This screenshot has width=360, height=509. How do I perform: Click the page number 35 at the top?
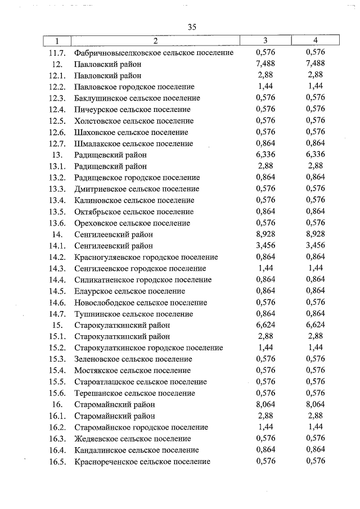(192, 27)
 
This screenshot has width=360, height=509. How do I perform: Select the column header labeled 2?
(155, 40)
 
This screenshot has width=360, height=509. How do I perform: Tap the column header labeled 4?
(316, 40)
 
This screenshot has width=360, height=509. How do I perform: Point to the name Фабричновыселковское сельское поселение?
(154, 53)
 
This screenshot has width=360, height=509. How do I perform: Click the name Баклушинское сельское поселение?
(137, 98)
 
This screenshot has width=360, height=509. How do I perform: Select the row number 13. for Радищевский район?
(56, 155)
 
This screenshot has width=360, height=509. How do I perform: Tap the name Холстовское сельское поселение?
(133, 121)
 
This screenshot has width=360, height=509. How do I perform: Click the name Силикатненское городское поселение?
(143, 280)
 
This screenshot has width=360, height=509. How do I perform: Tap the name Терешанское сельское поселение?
(135, 393)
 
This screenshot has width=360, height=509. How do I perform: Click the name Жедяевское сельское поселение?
(132, 439)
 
